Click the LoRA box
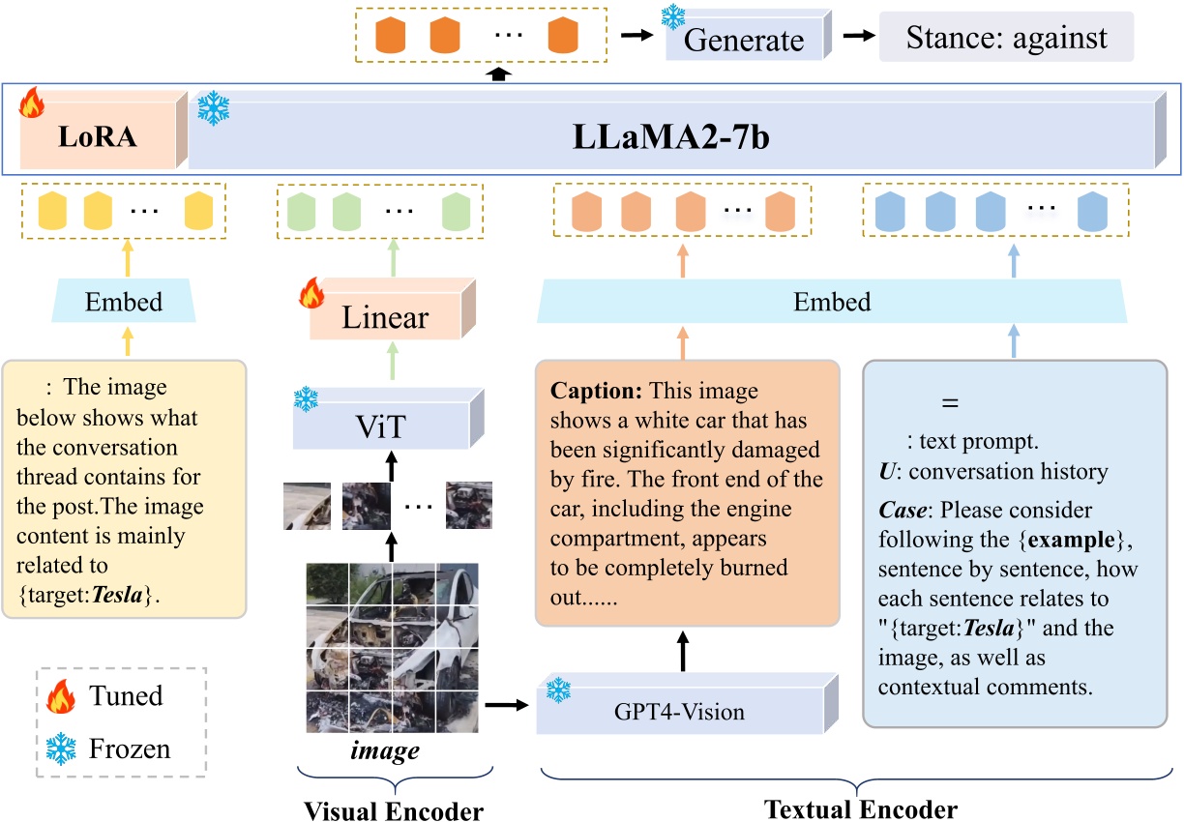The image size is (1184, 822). pyautogui.click(x=97, y=138)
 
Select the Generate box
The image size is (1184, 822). pyautogui.click(x=743, y=41)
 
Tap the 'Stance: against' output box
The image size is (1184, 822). pyautogui.click(x=1005, y=38)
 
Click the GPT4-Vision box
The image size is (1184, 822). pyautogui.click(x=680, y=713)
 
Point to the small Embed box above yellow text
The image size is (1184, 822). pyautogui.click(x=124, y=304)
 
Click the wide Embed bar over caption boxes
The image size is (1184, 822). pyautogui.click(x=831, y=302)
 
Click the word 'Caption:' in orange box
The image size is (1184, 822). pyautogui.click(x=597, y=393)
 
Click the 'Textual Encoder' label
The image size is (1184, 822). pyautogui.click(x=861, y=808)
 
